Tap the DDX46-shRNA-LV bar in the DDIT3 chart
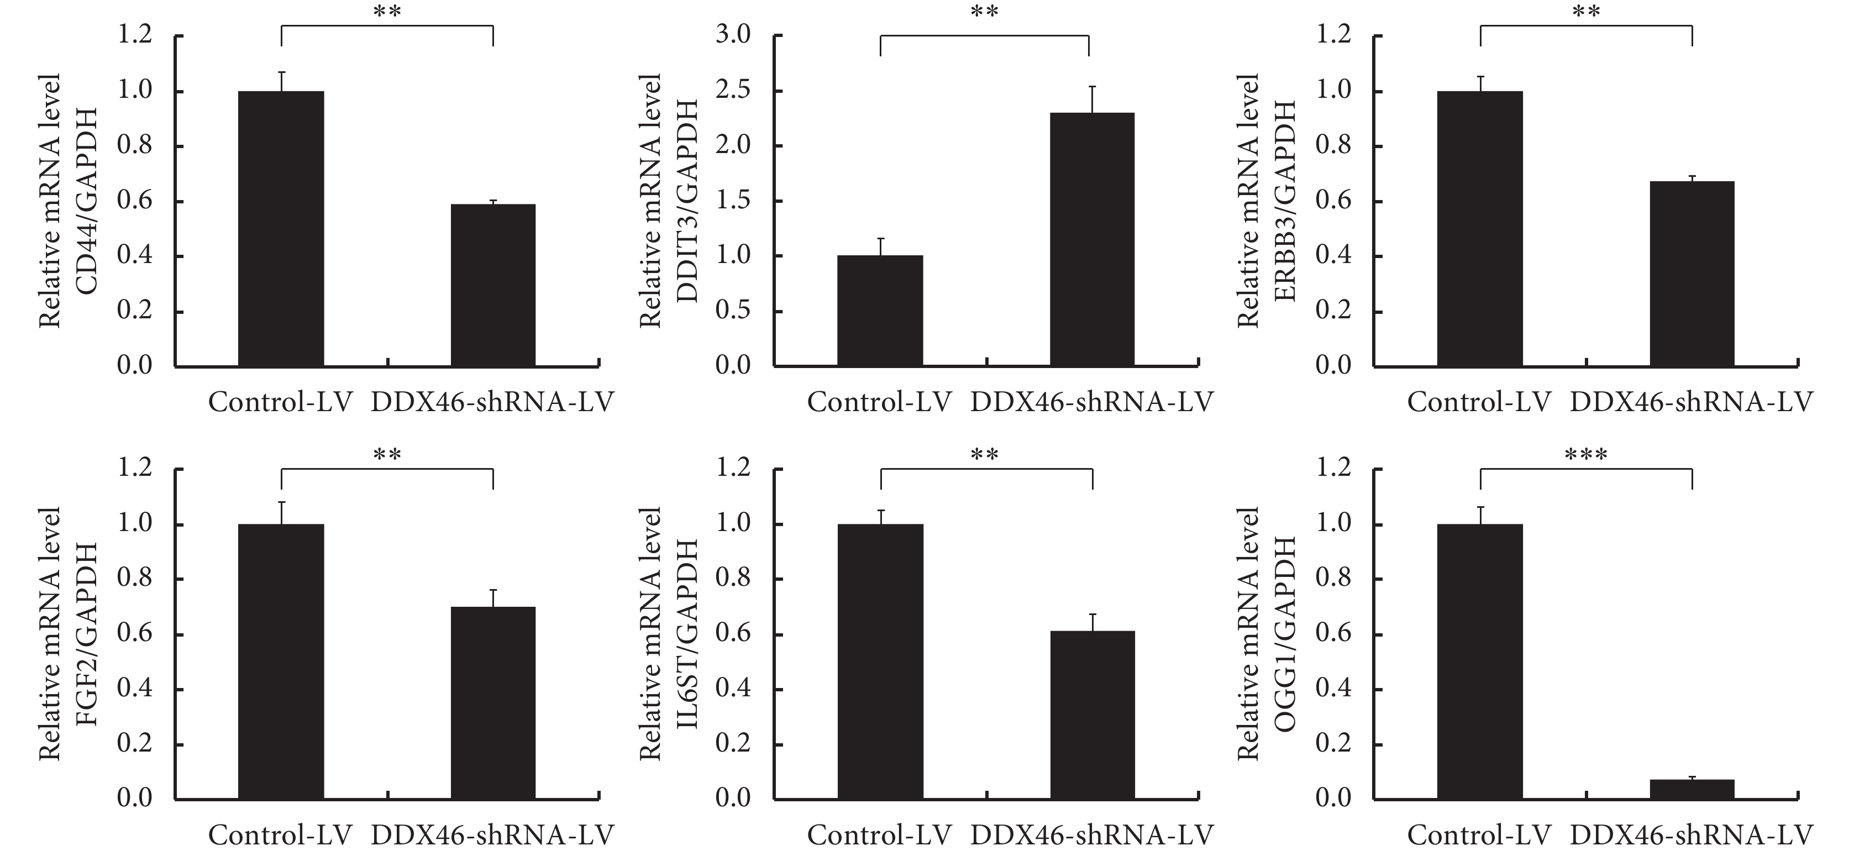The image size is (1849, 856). pyautogui.click(x=1092, y=240)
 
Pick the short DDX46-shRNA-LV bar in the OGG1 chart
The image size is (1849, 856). pyautogui.click(x=1692, y=789)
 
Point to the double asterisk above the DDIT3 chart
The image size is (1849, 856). pyautogui.click(x=984, y=13)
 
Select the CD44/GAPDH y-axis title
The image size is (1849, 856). pyautogui.click(x=86, y=201)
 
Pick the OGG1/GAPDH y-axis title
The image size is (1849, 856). pyautogui.click(x=1285, y=634)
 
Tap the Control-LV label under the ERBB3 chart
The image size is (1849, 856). pyautogui.click(x=1479, y=402)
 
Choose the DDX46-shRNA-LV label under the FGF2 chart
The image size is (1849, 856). pyautogui.click(x=492, y=835)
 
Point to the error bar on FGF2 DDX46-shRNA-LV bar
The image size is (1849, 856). pyautogui.click(x=493, y=598)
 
